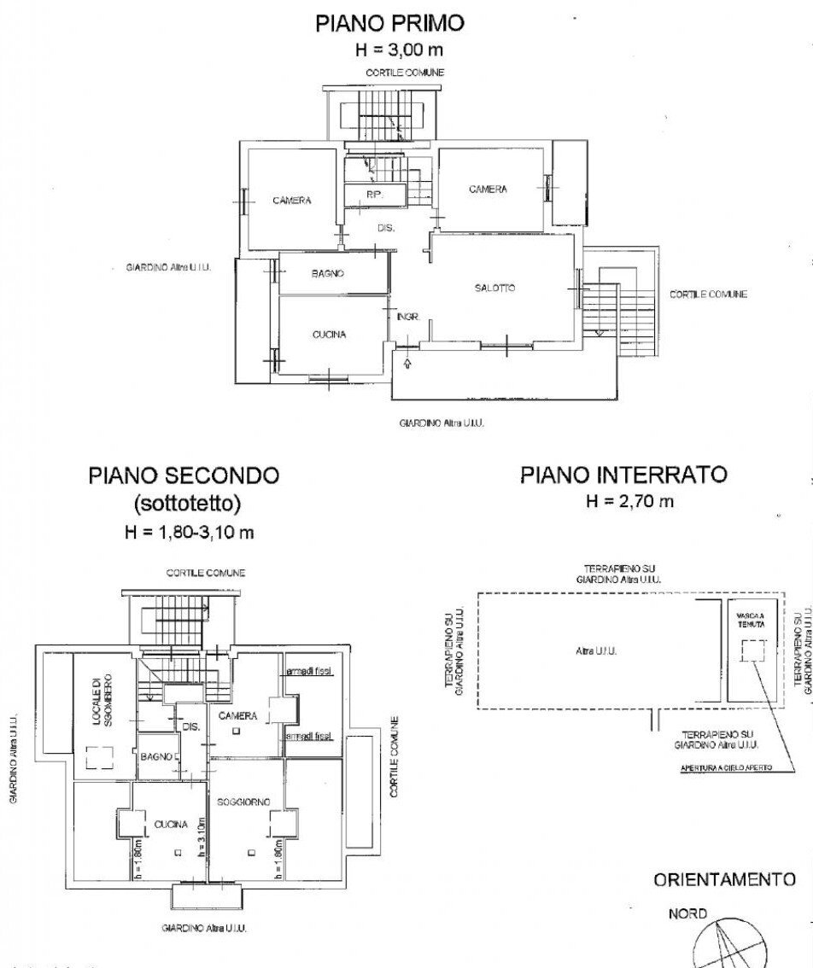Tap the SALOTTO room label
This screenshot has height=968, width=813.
tap(494, 289)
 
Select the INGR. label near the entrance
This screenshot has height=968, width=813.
tap(407, 317)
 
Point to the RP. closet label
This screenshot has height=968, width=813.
tap(374, 195)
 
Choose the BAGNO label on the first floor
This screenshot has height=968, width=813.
tap(328, 274)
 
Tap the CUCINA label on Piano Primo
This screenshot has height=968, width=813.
tap(329, 335)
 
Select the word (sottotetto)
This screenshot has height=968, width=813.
tap(184, 504)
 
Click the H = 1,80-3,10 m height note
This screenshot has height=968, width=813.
tap(184, 533)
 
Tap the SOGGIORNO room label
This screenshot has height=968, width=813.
tap(243, 802)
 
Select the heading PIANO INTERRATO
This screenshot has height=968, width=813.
tap(623, 475)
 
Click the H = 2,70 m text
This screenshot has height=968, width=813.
tap(629, 501)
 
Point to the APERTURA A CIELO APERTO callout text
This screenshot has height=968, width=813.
tap(726, 768)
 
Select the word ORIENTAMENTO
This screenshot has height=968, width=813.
tap(724, 879)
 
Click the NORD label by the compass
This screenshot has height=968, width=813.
tap(687, 914)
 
